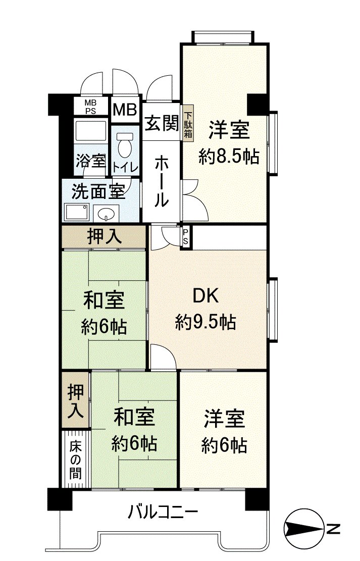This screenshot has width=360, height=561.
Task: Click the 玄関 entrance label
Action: [x=161, y=124]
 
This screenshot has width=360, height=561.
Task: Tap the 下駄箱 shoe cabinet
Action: [x=188, y=124]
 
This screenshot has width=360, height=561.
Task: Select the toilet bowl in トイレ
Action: [x=124, y=146]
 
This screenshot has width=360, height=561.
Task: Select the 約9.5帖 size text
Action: [x=205, y=322]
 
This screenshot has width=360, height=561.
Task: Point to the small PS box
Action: [x=186, y=236]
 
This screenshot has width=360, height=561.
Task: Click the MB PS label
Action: [x=90, y=107]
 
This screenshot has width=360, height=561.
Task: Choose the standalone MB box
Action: [x=124, y=109]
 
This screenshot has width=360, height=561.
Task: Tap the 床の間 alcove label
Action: [x=76, y=460]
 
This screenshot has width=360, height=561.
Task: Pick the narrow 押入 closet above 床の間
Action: [x=76, y=400]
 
